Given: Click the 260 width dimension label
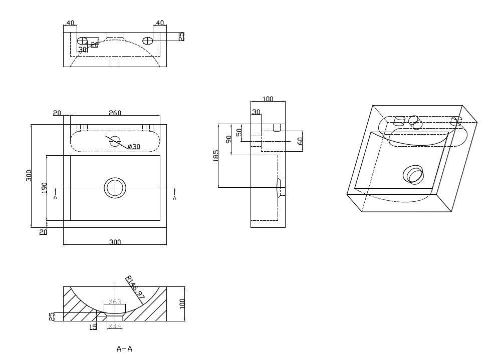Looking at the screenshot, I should click(x=115, y=113).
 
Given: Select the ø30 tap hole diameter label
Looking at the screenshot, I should click(x=134, y=146).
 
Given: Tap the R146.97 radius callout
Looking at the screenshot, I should click(x=135, y=289).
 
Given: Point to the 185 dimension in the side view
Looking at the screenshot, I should click(x=215, y=156).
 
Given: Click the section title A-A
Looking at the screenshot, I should click(x=124, y=349).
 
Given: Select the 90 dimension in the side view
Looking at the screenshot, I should click(x=228, y=139).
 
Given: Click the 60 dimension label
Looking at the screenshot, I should click(x=300, y=141).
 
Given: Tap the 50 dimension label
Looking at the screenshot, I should click(x=239, y=133).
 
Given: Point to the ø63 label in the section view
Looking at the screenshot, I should click(x=115, y=301).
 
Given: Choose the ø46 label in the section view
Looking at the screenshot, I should click(x=115, y=326).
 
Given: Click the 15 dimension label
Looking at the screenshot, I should click(x=93, y=326).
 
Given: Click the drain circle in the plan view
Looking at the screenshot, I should click(x=115, y=188).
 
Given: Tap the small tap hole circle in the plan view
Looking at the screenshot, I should click(x=115, y=141).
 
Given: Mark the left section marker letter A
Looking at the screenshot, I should click(x=55, y=198).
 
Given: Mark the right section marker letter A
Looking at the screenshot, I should click(x=174, y=198).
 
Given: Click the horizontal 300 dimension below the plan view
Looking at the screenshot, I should click(x=115, y=242).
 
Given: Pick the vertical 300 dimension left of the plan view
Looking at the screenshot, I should click(x=29, y=176).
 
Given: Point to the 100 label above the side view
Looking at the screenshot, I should click(x=268, y=99).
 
